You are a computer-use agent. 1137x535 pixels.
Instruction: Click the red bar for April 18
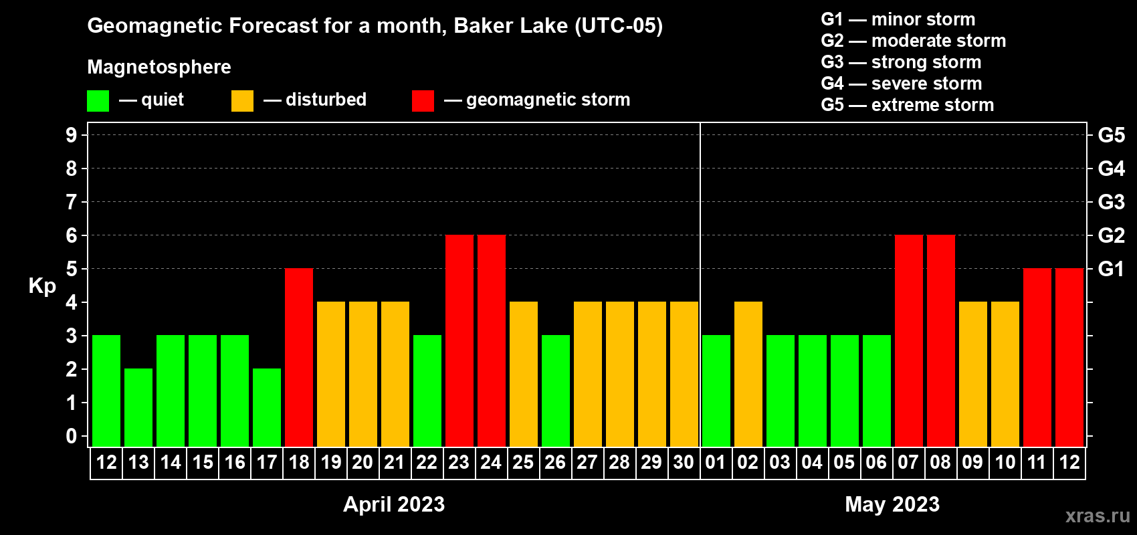pyautogui.click(x=299, y=357)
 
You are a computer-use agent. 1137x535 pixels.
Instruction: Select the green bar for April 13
pyautogui.click(x=138, y=407)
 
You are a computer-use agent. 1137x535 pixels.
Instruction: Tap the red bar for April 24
pyautogui.click(x=492, y=340)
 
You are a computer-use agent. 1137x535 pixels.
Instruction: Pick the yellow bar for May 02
pyautogui.click(x=748, y=374)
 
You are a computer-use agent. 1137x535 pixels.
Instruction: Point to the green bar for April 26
pyautogui.click(x=556, y=391)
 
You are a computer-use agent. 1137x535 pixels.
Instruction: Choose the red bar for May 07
pyautogui.click(x=908, y=340)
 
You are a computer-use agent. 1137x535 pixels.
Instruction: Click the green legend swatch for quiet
pyautogui.click(x=98, y=100)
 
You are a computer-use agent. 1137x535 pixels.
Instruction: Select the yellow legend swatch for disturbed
pyautogui.click(x=242, y=100)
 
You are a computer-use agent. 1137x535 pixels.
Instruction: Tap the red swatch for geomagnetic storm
pyautogui.click(x=423, y=100)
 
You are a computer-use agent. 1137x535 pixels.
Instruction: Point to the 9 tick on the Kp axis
pyautogui.click(x=71, y=136)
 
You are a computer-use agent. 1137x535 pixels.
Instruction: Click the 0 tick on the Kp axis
pyautogui.click(x=71, y=437)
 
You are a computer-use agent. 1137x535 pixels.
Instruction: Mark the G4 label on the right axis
pyautogui.click(x=1111, y=169)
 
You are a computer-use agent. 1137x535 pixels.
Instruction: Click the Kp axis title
pyautogui.click(x=42, y=286)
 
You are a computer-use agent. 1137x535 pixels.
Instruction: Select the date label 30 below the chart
pyautogui.click(x=684, y=462)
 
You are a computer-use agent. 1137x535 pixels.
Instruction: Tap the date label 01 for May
pyautogui.click(x=715, y=462)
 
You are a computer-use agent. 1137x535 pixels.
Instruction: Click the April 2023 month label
pyautogui.click(x=394, y=504)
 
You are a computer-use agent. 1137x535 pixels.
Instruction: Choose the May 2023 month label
pyautogui.click(x=892, y=504)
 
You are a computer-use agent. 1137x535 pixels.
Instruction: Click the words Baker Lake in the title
pyautogui.click(x=510, y=26)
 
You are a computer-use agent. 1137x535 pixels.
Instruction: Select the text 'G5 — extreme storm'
pyautogui.click(x=907, y=105)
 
